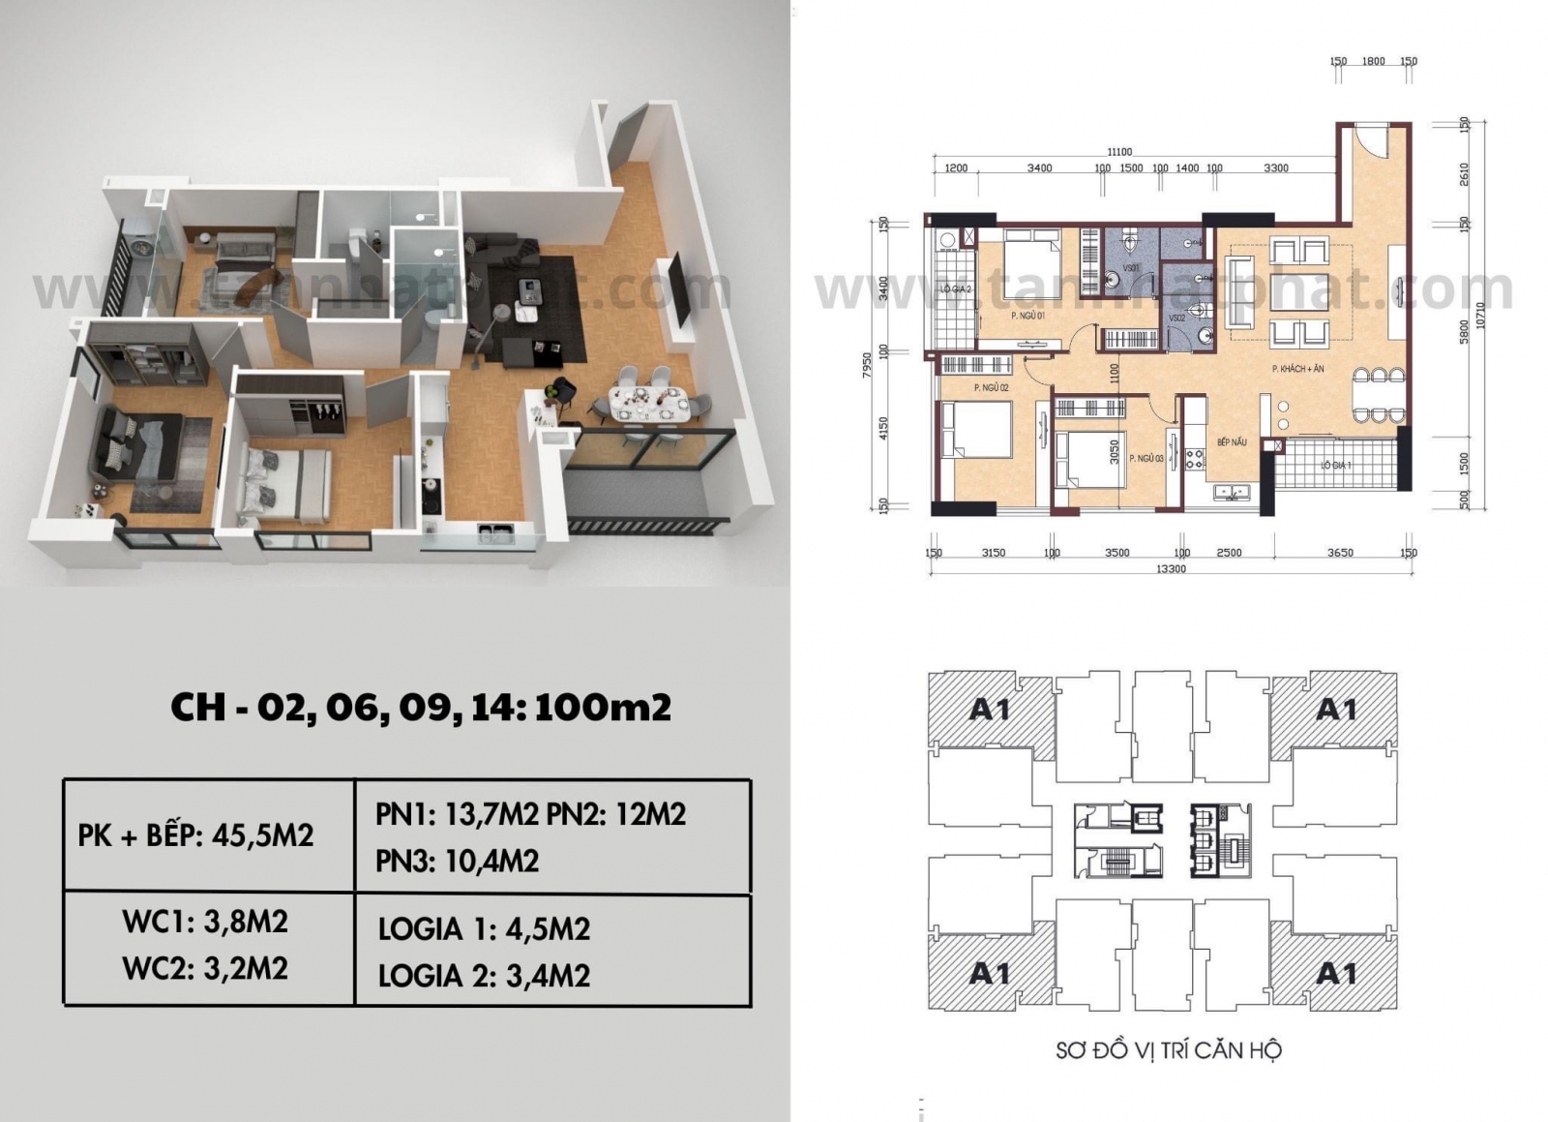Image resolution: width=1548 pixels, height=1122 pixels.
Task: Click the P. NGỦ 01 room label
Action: tap(1027, 316)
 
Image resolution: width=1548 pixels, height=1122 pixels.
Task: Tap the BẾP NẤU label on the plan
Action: tap(1232, 442)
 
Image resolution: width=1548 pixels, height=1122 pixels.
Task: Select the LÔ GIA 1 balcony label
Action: tap(1335, 466)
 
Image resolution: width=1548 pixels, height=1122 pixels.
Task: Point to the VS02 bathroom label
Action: tap(1176, 318)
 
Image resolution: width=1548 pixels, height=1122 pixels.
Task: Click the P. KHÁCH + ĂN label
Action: tap(1297, 369)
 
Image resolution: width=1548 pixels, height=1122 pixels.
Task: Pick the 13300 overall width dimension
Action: tap(1171, 569)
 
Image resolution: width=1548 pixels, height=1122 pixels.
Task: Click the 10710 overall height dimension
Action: tap(1479, 316)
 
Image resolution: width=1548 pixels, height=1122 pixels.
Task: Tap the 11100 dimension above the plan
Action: tap(1119, 152)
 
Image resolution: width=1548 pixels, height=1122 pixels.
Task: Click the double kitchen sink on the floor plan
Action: tap(1232, 492)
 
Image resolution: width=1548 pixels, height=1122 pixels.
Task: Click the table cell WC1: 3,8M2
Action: tap(205, 922)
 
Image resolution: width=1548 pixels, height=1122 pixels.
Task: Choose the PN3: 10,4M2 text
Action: tap(457, 861)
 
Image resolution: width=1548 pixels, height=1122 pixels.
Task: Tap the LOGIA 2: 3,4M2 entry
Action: tap(484, 976)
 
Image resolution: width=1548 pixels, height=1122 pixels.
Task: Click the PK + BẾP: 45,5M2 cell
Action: tap(195, 835)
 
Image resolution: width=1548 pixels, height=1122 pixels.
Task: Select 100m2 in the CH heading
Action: tap(602, 708)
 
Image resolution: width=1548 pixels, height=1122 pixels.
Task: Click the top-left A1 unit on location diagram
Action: tap(989, 710)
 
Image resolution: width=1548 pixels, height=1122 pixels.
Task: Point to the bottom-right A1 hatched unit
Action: tap(1335, 972)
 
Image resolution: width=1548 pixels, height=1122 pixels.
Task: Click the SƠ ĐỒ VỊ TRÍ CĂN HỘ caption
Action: tap(1168, 1049)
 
